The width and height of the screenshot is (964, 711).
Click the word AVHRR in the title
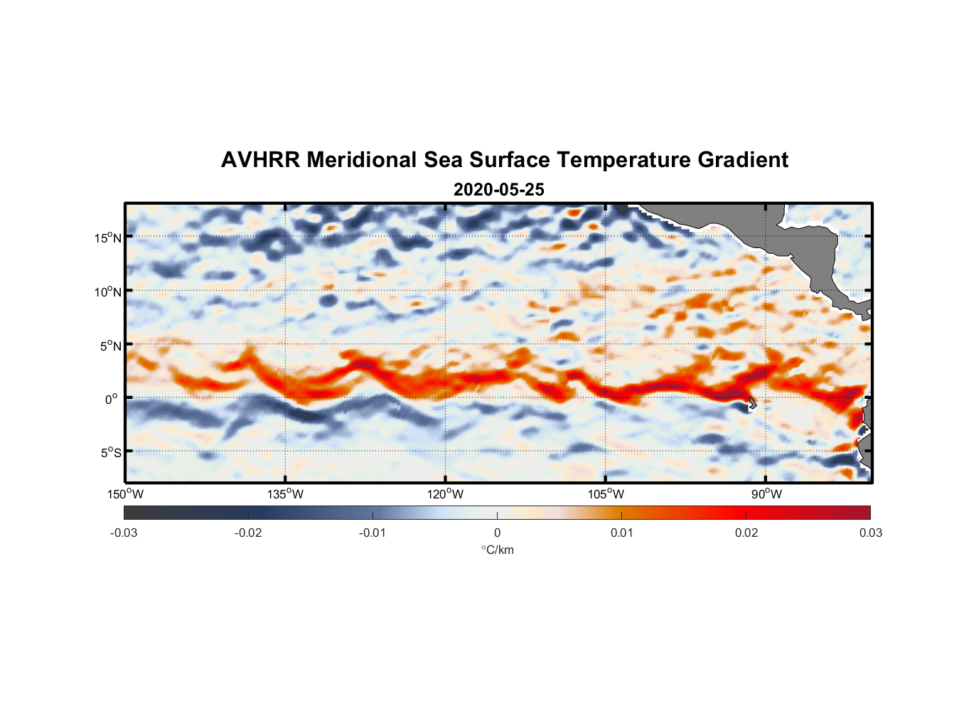coord(260,160)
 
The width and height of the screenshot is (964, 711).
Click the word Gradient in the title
coord(743,160)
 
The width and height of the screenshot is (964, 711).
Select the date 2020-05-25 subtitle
coord(498,190)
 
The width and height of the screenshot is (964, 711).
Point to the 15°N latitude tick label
coord(108,237)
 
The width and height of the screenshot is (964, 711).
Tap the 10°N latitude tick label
coord(108,292)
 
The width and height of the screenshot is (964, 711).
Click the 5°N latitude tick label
coord(110,346)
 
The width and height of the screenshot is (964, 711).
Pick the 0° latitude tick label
coord(112,399)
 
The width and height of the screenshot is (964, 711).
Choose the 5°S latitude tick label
coord(110,453)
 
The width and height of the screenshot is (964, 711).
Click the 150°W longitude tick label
coord(125,494)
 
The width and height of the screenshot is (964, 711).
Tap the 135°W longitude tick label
coord(286,494)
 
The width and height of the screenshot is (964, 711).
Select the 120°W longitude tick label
coord(446,494)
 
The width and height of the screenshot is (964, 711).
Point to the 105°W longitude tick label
coord(606,494)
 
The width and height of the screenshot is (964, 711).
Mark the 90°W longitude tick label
coord(766,494)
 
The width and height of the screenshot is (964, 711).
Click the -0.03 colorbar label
coord(124,533)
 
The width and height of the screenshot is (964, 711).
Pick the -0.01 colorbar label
coord(373,533)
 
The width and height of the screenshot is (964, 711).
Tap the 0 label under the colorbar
coord(497,533)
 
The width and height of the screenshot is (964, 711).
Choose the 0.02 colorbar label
coord(746,533)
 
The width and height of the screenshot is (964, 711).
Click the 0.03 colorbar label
coord(870,533)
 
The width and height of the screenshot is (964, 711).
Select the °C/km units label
coord(497,550)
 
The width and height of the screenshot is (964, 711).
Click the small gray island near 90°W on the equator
coord(752,402)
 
